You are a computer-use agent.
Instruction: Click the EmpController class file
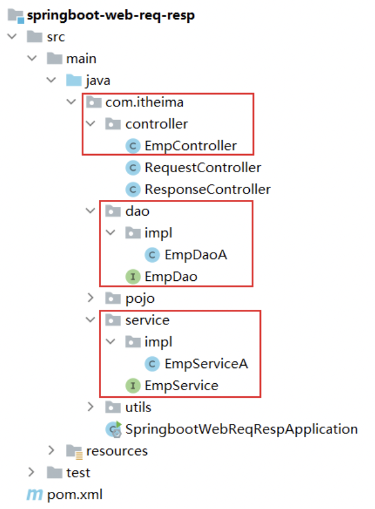[x=190, y=146]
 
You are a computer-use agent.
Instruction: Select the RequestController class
[x=203, y=168]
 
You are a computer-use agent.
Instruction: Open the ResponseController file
[x=207, y=189]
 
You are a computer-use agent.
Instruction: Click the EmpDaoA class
[x=196, y=254]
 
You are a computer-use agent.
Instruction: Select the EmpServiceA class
[x=206, y=364]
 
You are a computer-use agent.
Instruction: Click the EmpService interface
[x=181, y=386]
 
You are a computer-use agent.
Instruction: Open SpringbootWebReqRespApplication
[x=241, y=429]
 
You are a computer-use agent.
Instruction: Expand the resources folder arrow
[x=52, y=451]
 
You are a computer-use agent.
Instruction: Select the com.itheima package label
[x=144, y=102]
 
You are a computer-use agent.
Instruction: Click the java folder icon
[x=73, y=81]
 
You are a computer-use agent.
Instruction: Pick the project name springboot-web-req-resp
[x=111, y=15]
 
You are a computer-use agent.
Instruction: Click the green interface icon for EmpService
[x=133, y=386]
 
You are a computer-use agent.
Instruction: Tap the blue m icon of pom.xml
[x=35, y=494]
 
